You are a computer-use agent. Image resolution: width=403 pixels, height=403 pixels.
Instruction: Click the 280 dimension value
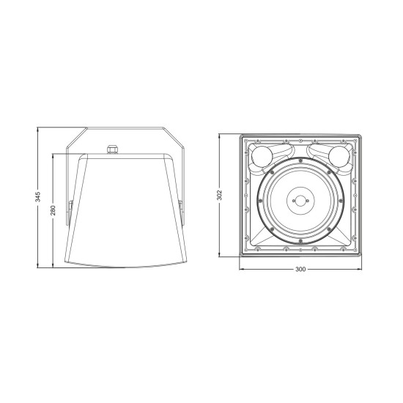click(52, 210)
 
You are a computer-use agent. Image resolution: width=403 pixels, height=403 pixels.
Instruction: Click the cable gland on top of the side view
click(113, 149)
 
